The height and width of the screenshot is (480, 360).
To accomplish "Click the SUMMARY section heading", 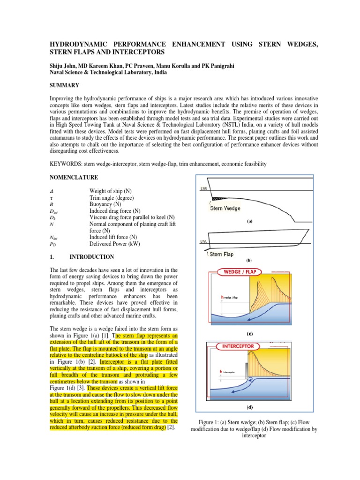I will coord(64,85).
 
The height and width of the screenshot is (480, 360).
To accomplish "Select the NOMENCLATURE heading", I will coord(74,178).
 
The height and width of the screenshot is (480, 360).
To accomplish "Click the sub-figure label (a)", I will coord(250,223).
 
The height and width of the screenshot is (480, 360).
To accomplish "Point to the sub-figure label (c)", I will coord(250,334).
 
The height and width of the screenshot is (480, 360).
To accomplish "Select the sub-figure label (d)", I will coord(250,407).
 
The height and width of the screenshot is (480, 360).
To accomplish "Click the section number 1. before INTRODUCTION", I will coord(53,257).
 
